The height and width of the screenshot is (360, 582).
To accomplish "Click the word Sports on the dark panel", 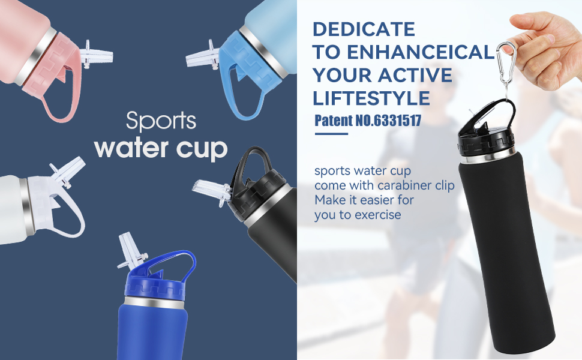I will click(161, 121).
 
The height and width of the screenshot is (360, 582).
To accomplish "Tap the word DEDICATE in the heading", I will click(364, 29).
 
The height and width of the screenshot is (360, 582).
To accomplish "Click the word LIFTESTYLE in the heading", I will click(371, 98).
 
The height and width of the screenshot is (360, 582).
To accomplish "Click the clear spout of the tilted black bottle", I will click(212, 191).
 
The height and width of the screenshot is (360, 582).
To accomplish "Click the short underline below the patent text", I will click(331, 133).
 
